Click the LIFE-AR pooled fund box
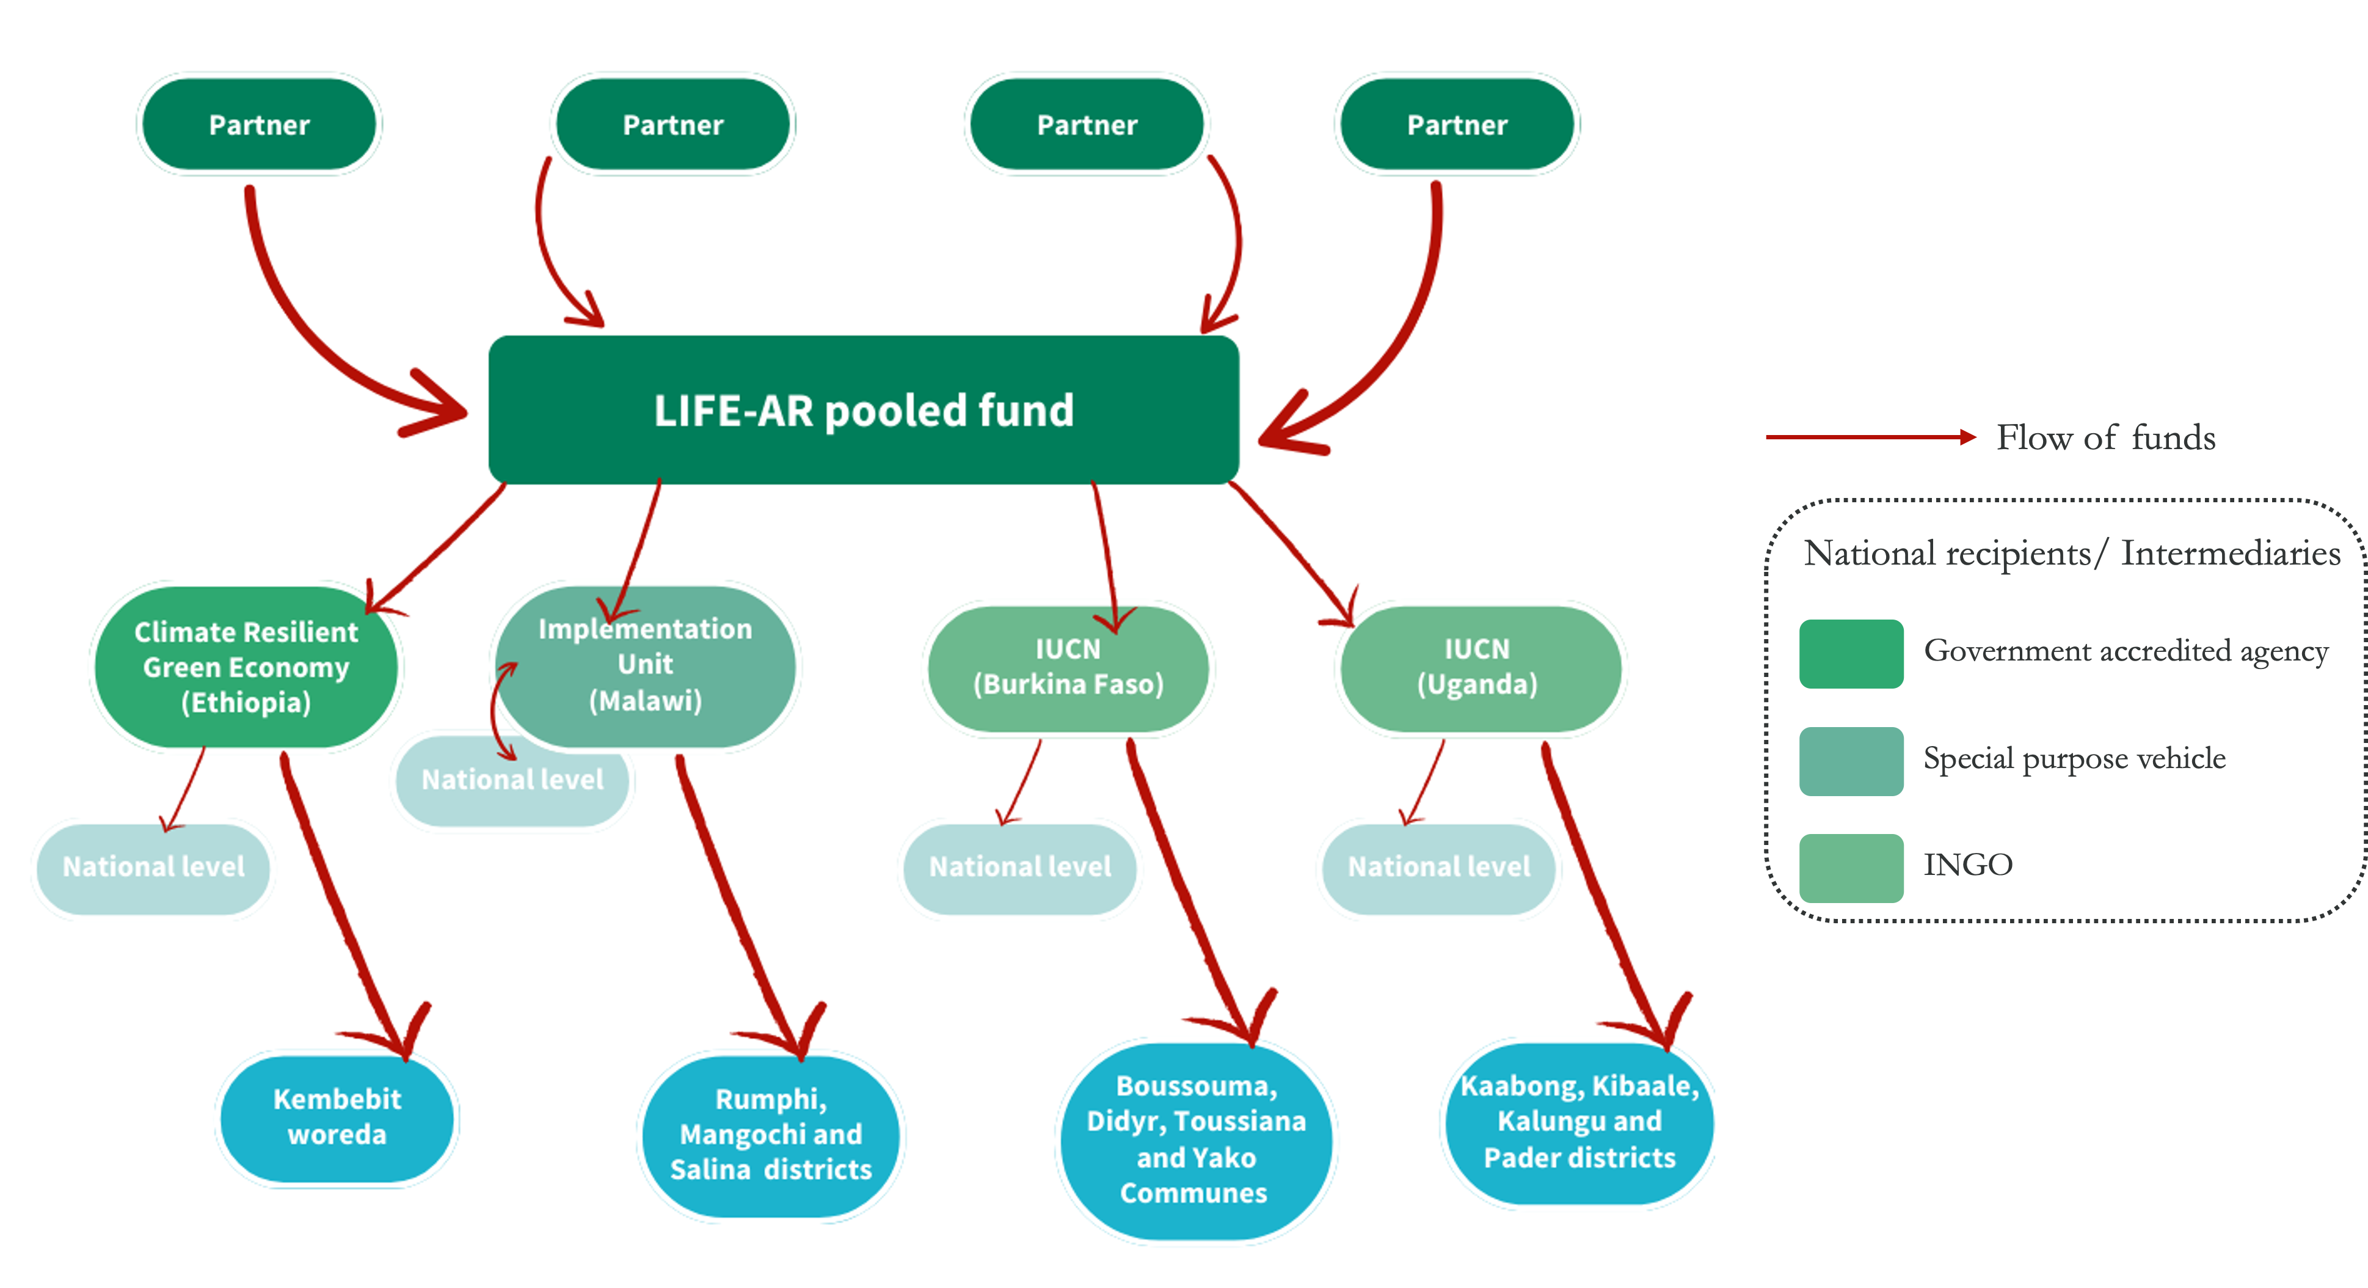point(863,410)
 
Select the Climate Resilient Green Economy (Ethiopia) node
point(246,667)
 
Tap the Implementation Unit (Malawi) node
point(646,665)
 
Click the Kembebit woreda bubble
point(337,1117)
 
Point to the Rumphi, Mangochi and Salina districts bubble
point(770,1135)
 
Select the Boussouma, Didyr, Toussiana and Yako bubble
point(1195,1140)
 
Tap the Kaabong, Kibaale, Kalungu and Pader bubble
point(1579,1122)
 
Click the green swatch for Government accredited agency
point(1851,654)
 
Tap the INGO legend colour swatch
point(1851,868)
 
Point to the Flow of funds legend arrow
point(1871,437)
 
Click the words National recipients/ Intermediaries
point(2071,554)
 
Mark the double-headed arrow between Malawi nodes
point(497,711)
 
